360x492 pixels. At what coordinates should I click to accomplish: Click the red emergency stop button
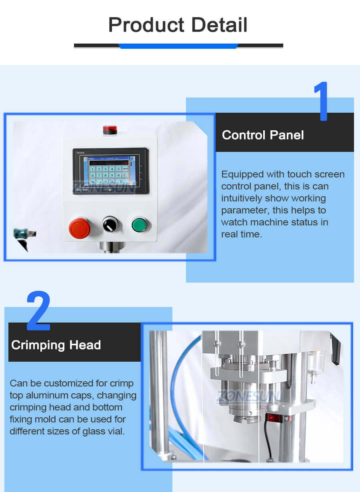[79, 227]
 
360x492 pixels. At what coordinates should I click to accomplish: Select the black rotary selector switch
[110, 224]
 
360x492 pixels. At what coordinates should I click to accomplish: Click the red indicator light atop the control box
[110, 130]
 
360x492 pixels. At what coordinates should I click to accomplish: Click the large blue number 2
[39, 312]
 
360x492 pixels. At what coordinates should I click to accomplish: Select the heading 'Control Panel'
[263, 135]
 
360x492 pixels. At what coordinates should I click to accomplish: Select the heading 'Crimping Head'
[56, 345]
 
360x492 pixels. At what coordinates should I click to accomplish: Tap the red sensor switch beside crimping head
[273, 418]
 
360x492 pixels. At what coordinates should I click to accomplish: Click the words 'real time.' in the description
[242, 234]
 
